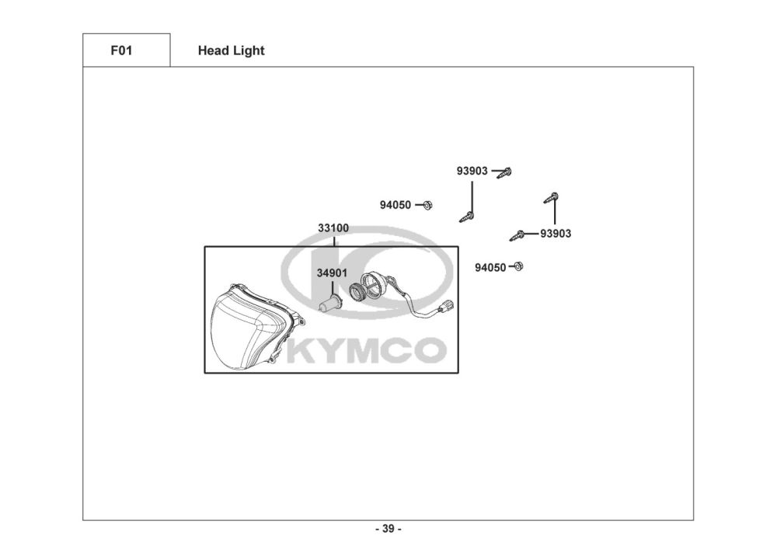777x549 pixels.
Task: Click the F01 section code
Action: pos(120,50)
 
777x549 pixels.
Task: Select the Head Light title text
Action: pos(231,50)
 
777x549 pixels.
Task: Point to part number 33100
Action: pos(333,228)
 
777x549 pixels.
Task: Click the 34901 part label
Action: pos(332,273)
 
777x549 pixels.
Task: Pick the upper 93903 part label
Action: pos(472,171)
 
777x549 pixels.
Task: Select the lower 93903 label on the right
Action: pos(556,234)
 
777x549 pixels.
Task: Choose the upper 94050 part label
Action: pos(395,205)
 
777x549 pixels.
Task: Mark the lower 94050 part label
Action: pos(490,267)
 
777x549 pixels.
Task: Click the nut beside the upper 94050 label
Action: pos(428,205)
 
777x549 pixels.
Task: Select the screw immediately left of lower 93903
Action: pos(518,235)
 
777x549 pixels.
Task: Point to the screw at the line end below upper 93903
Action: pos(468,217)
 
